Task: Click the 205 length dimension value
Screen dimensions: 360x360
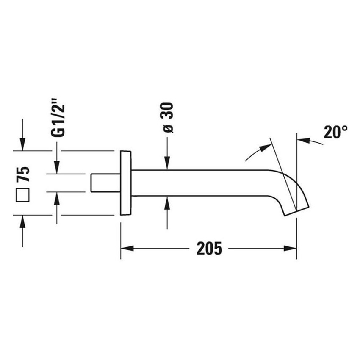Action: pos(209,248)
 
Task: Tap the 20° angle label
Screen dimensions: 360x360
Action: pos(335,132)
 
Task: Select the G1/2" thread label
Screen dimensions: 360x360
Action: pos(58,118)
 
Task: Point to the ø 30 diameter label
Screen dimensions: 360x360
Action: pos(167,118)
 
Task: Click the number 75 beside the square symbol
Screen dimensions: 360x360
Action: pos(23,174)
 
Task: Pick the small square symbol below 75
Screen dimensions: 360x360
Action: pos(22,195)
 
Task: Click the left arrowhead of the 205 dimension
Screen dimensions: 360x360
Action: pos(127,249)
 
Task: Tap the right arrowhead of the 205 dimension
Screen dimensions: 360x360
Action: pos(290,249)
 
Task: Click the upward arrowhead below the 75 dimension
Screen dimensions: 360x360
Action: pos(22,222)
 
